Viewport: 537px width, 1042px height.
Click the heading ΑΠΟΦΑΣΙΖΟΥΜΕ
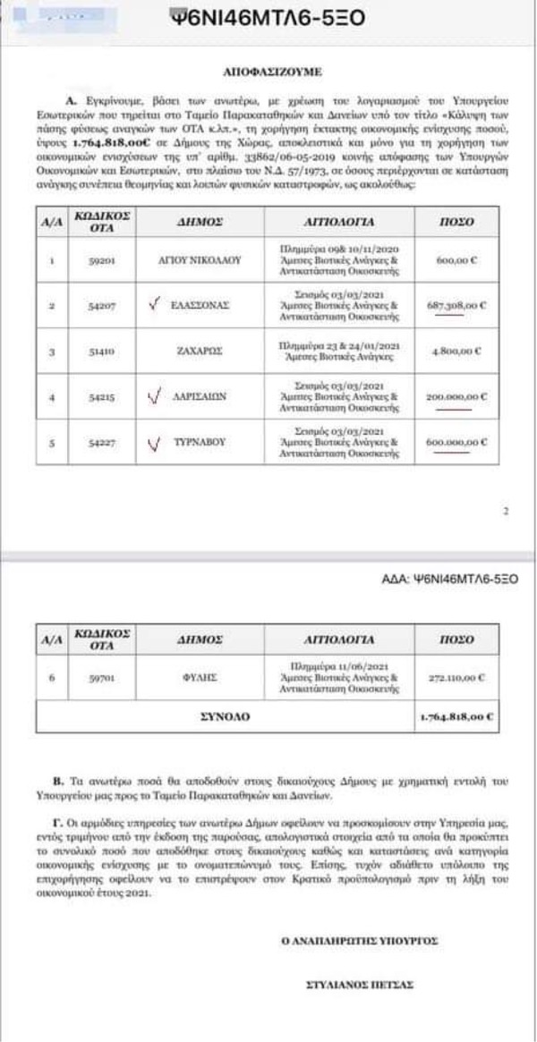coord(269,67)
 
